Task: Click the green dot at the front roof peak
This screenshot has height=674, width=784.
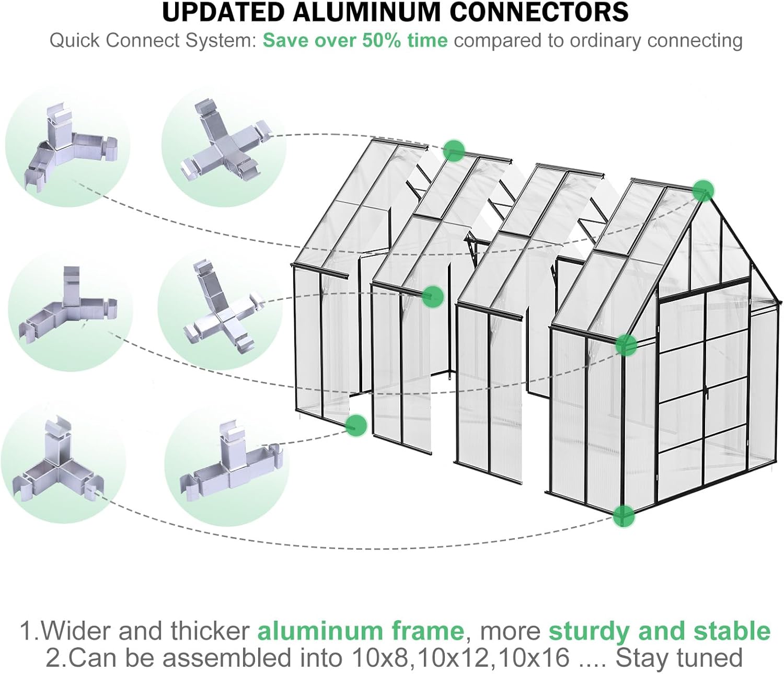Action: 703,191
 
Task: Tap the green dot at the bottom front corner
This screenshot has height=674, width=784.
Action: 624,516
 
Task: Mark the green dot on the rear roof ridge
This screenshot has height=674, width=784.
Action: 454,150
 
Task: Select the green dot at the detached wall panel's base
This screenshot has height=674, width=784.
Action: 356,425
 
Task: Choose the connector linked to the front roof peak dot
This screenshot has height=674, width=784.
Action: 68,146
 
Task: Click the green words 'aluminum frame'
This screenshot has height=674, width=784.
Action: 361,631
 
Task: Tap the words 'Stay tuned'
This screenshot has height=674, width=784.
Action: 679,658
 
